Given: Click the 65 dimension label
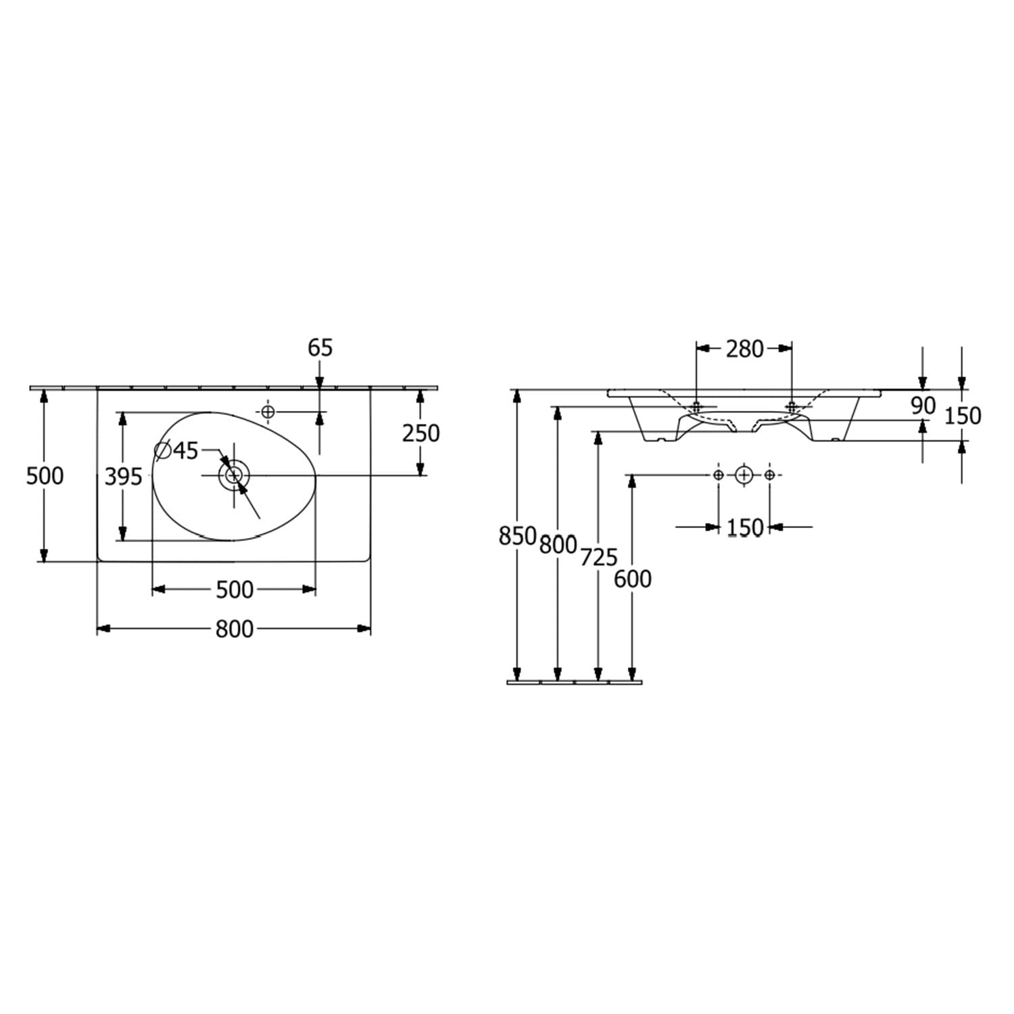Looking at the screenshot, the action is pos(320,348).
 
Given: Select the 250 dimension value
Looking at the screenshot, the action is pos(421,433).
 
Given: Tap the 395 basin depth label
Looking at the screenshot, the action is pos(124,477).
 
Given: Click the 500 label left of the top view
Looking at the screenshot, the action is pos(45,476).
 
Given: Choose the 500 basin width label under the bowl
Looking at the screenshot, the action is pos(235,590).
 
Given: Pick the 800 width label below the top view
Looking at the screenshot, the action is pos(235,629).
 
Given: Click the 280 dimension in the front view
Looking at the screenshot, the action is pos(744,349).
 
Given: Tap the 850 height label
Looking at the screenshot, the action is pos(517,536).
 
